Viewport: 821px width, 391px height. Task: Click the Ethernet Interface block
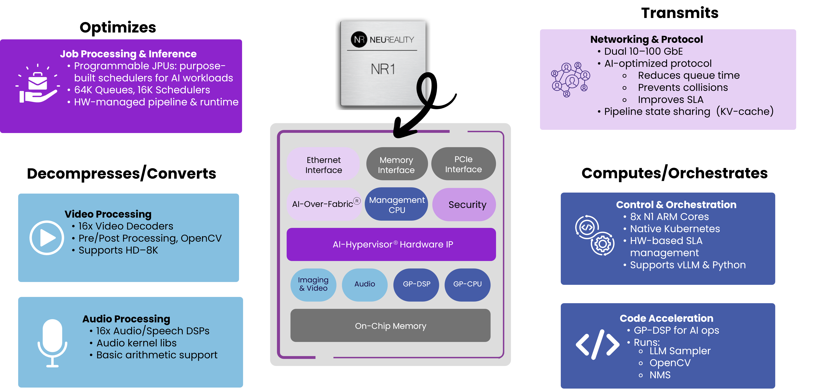click(x=324, y=165)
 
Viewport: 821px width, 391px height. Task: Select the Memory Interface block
click(x=396, y=165)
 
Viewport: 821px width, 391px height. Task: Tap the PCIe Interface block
click(x=463, y=164)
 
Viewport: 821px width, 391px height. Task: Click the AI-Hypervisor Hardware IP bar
click(x=391, y=244)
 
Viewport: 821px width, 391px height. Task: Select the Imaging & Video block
click(x=313, y=284)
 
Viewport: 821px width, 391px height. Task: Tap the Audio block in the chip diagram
click(x=365, y=284)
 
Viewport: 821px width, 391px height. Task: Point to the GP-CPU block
click(x=467, y=284)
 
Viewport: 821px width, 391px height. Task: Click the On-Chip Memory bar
click(x=390, y=326)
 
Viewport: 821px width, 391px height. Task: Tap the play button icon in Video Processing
click(x=47, y=238)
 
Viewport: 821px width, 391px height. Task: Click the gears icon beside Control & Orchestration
click(x=594, y=235)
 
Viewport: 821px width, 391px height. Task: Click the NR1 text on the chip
click(x=383, y=69)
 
